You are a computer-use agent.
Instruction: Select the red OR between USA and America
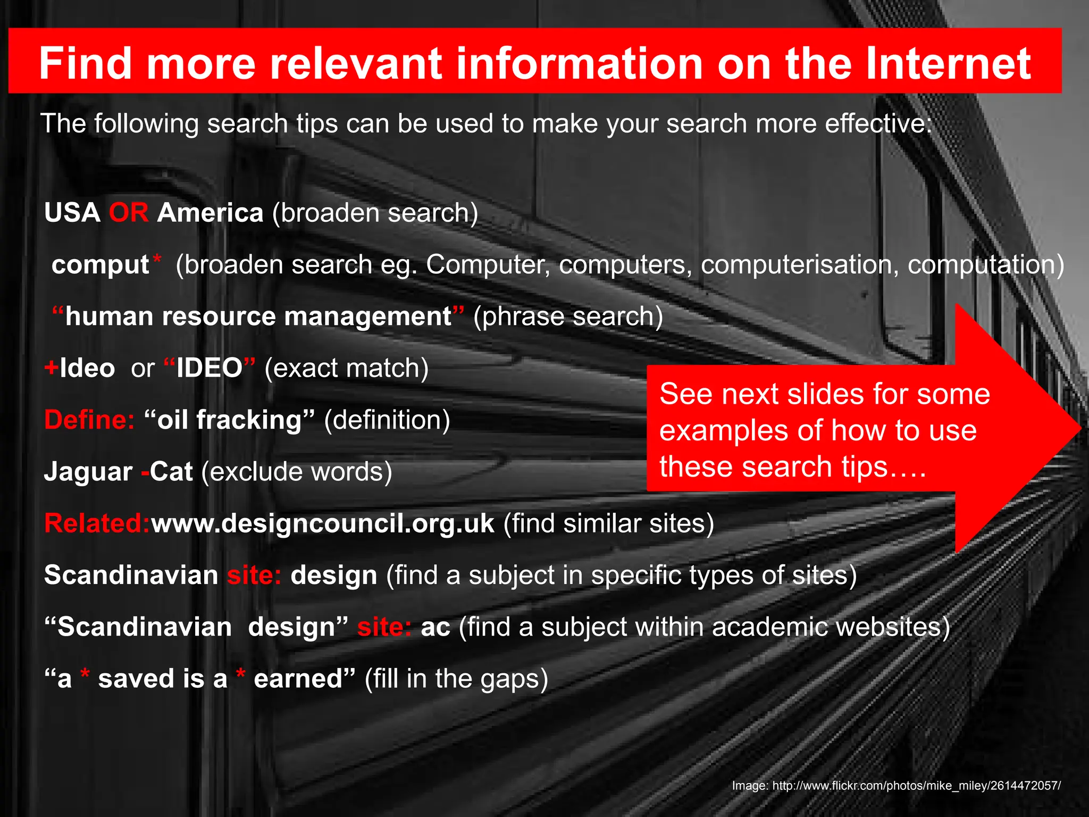coord(129,213)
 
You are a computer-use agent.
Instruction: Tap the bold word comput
coord(100,265)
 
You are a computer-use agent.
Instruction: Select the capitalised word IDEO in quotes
coord(210,368)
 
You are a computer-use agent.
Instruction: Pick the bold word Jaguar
coord(88,472)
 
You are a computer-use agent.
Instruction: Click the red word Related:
coord(97,523)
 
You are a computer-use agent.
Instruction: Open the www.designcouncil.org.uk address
coord(323,523)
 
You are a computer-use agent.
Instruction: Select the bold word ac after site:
coord(435,627)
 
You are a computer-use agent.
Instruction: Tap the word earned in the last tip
coord(298,679)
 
